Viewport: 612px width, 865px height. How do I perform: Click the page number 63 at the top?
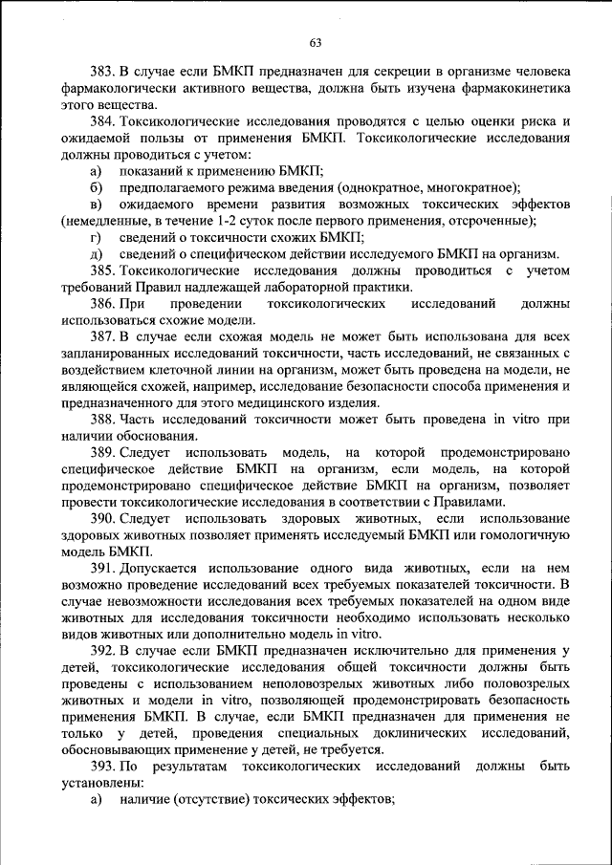tap(316, 42)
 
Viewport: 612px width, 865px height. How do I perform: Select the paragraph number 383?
tap(103, 72)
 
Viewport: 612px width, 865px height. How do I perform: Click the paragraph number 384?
tap(103, 121)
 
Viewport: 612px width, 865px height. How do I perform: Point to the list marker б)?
tap(96, 187)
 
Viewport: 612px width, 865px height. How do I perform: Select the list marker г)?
tap(96, 237)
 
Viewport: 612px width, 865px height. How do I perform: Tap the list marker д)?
tap(96, 254)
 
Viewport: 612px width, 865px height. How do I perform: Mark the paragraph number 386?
tap(103, 304)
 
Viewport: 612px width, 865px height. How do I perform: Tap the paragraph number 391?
tap(103, 569)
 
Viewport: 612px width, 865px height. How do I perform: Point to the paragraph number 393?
tap(103, 767)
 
